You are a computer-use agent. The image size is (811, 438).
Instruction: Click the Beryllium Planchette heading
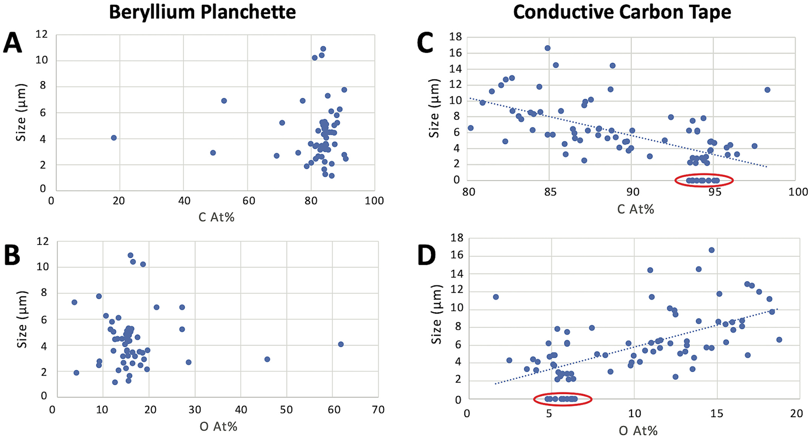pyautogui.click(x=202, y=12)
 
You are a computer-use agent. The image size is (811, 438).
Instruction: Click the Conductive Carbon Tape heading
pyautogui.click(x=622, y=12)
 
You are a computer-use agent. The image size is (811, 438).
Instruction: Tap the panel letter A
pyautogui.click(x=13, y=45)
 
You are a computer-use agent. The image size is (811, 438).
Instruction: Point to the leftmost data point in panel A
pyautogui.click(x=114, y=138)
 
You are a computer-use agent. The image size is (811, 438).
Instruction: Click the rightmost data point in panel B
pyautogui.click(x=341, y=344)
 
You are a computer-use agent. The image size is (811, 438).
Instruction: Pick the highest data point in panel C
pyautogui.click(x=547, y=48)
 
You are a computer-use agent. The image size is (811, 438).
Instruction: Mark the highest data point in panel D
pyautogui.click(x=711, y=250)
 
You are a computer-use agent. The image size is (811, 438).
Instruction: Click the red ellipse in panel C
pyautogui.click(x=704, y=180)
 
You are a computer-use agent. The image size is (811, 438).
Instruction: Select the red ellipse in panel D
pyautogui.click(x=562, y=399)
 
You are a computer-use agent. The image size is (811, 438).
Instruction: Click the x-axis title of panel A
pyautogui.click(x=216, y=217)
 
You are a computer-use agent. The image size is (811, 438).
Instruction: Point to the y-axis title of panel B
pyautogui.click(x=22, y=319)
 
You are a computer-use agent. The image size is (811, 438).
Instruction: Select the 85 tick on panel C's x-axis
pyautogui.click(x=549, y=192)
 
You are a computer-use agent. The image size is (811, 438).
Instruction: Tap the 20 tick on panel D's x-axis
pyautogui.click(x=797, y=413)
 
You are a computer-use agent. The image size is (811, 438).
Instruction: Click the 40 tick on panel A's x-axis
pyautogui.click(x=184, y=201)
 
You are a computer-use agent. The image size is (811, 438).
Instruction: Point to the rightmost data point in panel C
pyautogui.click(x=767, y=90)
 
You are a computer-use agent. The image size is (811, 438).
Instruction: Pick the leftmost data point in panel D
pyautogui.click(x=496, y=297)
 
